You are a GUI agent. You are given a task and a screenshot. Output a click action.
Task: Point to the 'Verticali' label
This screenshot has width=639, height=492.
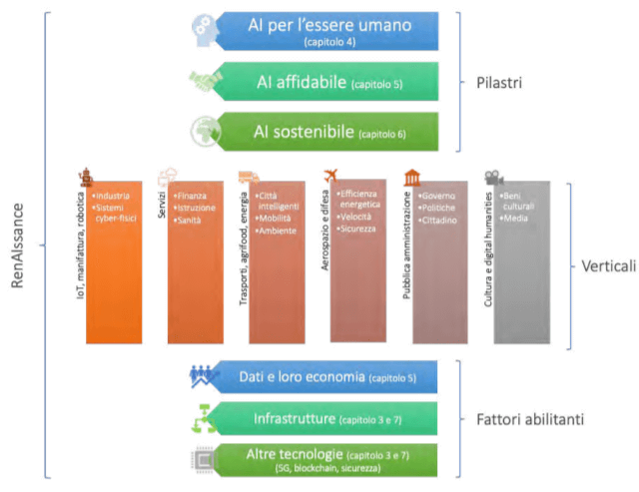coord(608,266)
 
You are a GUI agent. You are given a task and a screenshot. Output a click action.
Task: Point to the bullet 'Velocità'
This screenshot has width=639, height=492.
coord(356,218)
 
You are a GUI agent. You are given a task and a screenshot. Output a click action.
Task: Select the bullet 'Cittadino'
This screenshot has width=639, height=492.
coord(440,220)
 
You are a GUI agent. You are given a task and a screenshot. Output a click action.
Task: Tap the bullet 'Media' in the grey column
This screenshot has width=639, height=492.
coord(517,217)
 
